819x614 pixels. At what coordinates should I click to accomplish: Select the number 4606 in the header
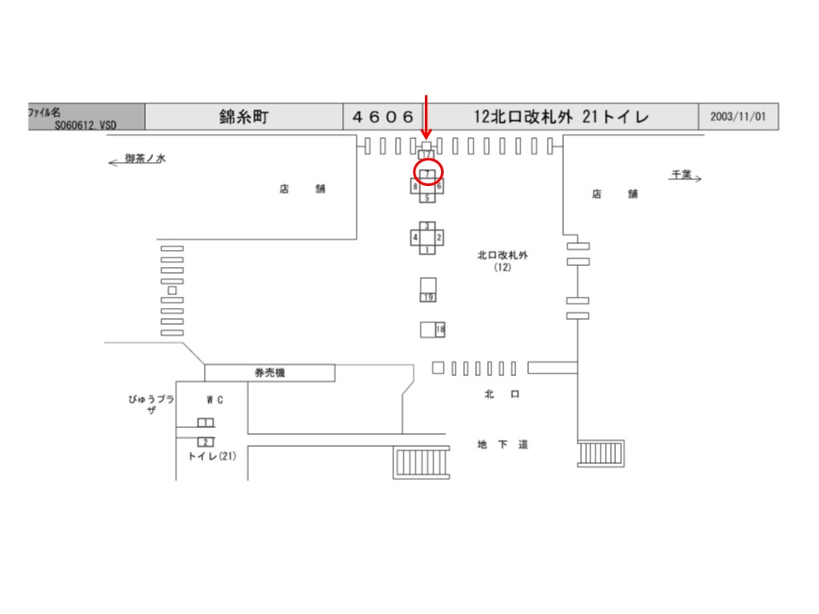tap(383, 117)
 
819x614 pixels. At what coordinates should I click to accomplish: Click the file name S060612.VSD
tap(85, 125)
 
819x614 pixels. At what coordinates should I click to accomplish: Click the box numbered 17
tap(427, 153)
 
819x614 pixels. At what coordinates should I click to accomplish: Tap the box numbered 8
tap(415, 185)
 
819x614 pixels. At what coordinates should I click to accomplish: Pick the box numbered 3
tap(427, 225)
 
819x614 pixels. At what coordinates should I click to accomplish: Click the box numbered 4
tap(415, 236)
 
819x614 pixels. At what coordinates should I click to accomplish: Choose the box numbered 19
tap(428, 297)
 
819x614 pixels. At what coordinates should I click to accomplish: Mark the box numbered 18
tap(440, 329)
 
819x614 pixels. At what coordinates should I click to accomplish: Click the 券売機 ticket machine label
tap(269, 373)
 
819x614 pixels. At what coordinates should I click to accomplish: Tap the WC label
tap(214, 399)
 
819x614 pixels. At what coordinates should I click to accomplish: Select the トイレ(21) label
tap(212, 456)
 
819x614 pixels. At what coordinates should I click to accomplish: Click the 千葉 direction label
tap(681, 174)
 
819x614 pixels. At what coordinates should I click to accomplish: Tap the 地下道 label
tap(503, 444)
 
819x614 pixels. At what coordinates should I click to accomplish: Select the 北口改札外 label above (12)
tap(502, 255)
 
